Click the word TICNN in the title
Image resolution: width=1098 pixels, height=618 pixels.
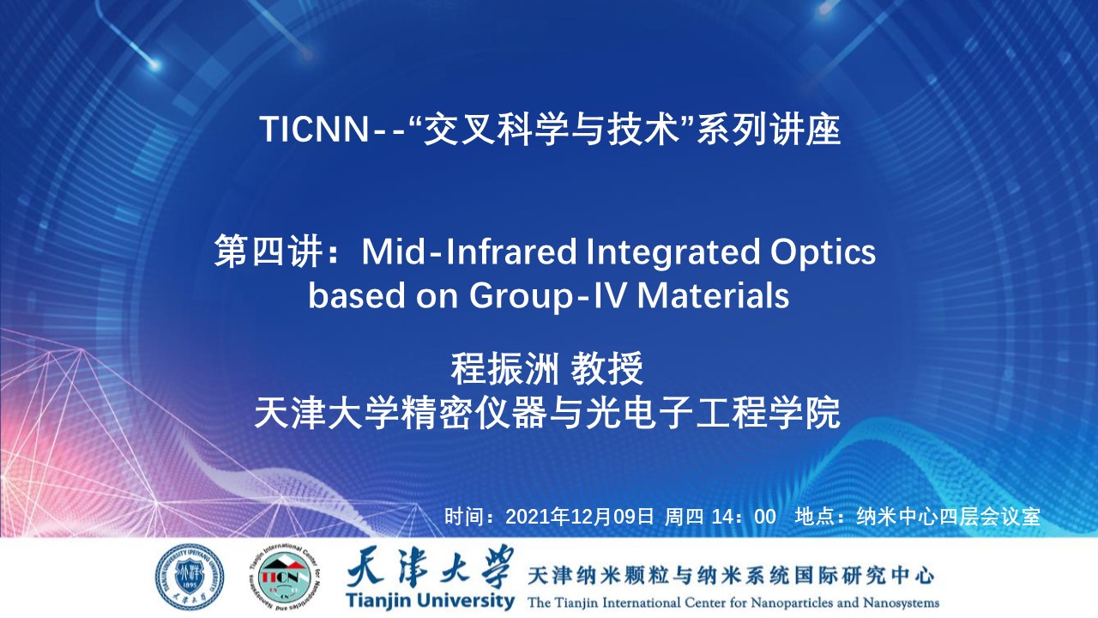coord(314,129)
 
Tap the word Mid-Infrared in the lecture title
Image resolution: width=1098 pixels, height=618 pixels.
coord(469,252)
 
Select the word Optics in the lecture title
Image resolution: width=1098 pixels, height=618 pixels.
coord(823,253)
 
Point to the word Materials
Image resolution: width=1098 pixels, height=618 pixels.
coord(713,295)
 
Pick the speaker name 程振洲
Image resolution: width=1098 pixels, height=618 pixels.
coord(504,369)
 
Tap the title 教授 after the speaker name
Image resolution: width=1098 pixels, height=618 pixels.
coord(606,369)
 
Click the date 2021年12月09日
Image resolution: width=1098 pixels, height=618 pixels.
coord(579,517)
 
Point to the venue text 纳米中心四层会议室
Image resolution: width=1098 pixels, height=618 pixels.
coord(948,517)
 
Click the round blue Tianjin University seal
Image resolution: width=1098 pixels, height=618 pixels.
coord(190,577)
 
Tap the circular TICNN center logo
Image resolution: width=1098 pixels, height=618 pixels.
coord(284,577)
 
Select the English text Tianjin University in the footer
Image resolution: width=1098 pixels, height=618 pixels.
coord(430,602)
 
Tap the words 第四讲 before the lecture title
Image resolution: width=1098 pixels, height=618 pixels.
coord(268,252)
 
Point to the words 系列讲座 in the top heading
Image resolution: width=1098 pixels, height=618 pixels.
coord(768,129)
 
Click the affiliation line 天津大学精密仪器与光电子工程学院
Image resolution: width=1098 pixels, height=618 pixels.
coord(547,413)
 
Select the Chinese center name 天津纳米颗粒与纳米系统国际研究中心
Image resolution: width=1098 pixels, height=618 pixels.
coord(731,575)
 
